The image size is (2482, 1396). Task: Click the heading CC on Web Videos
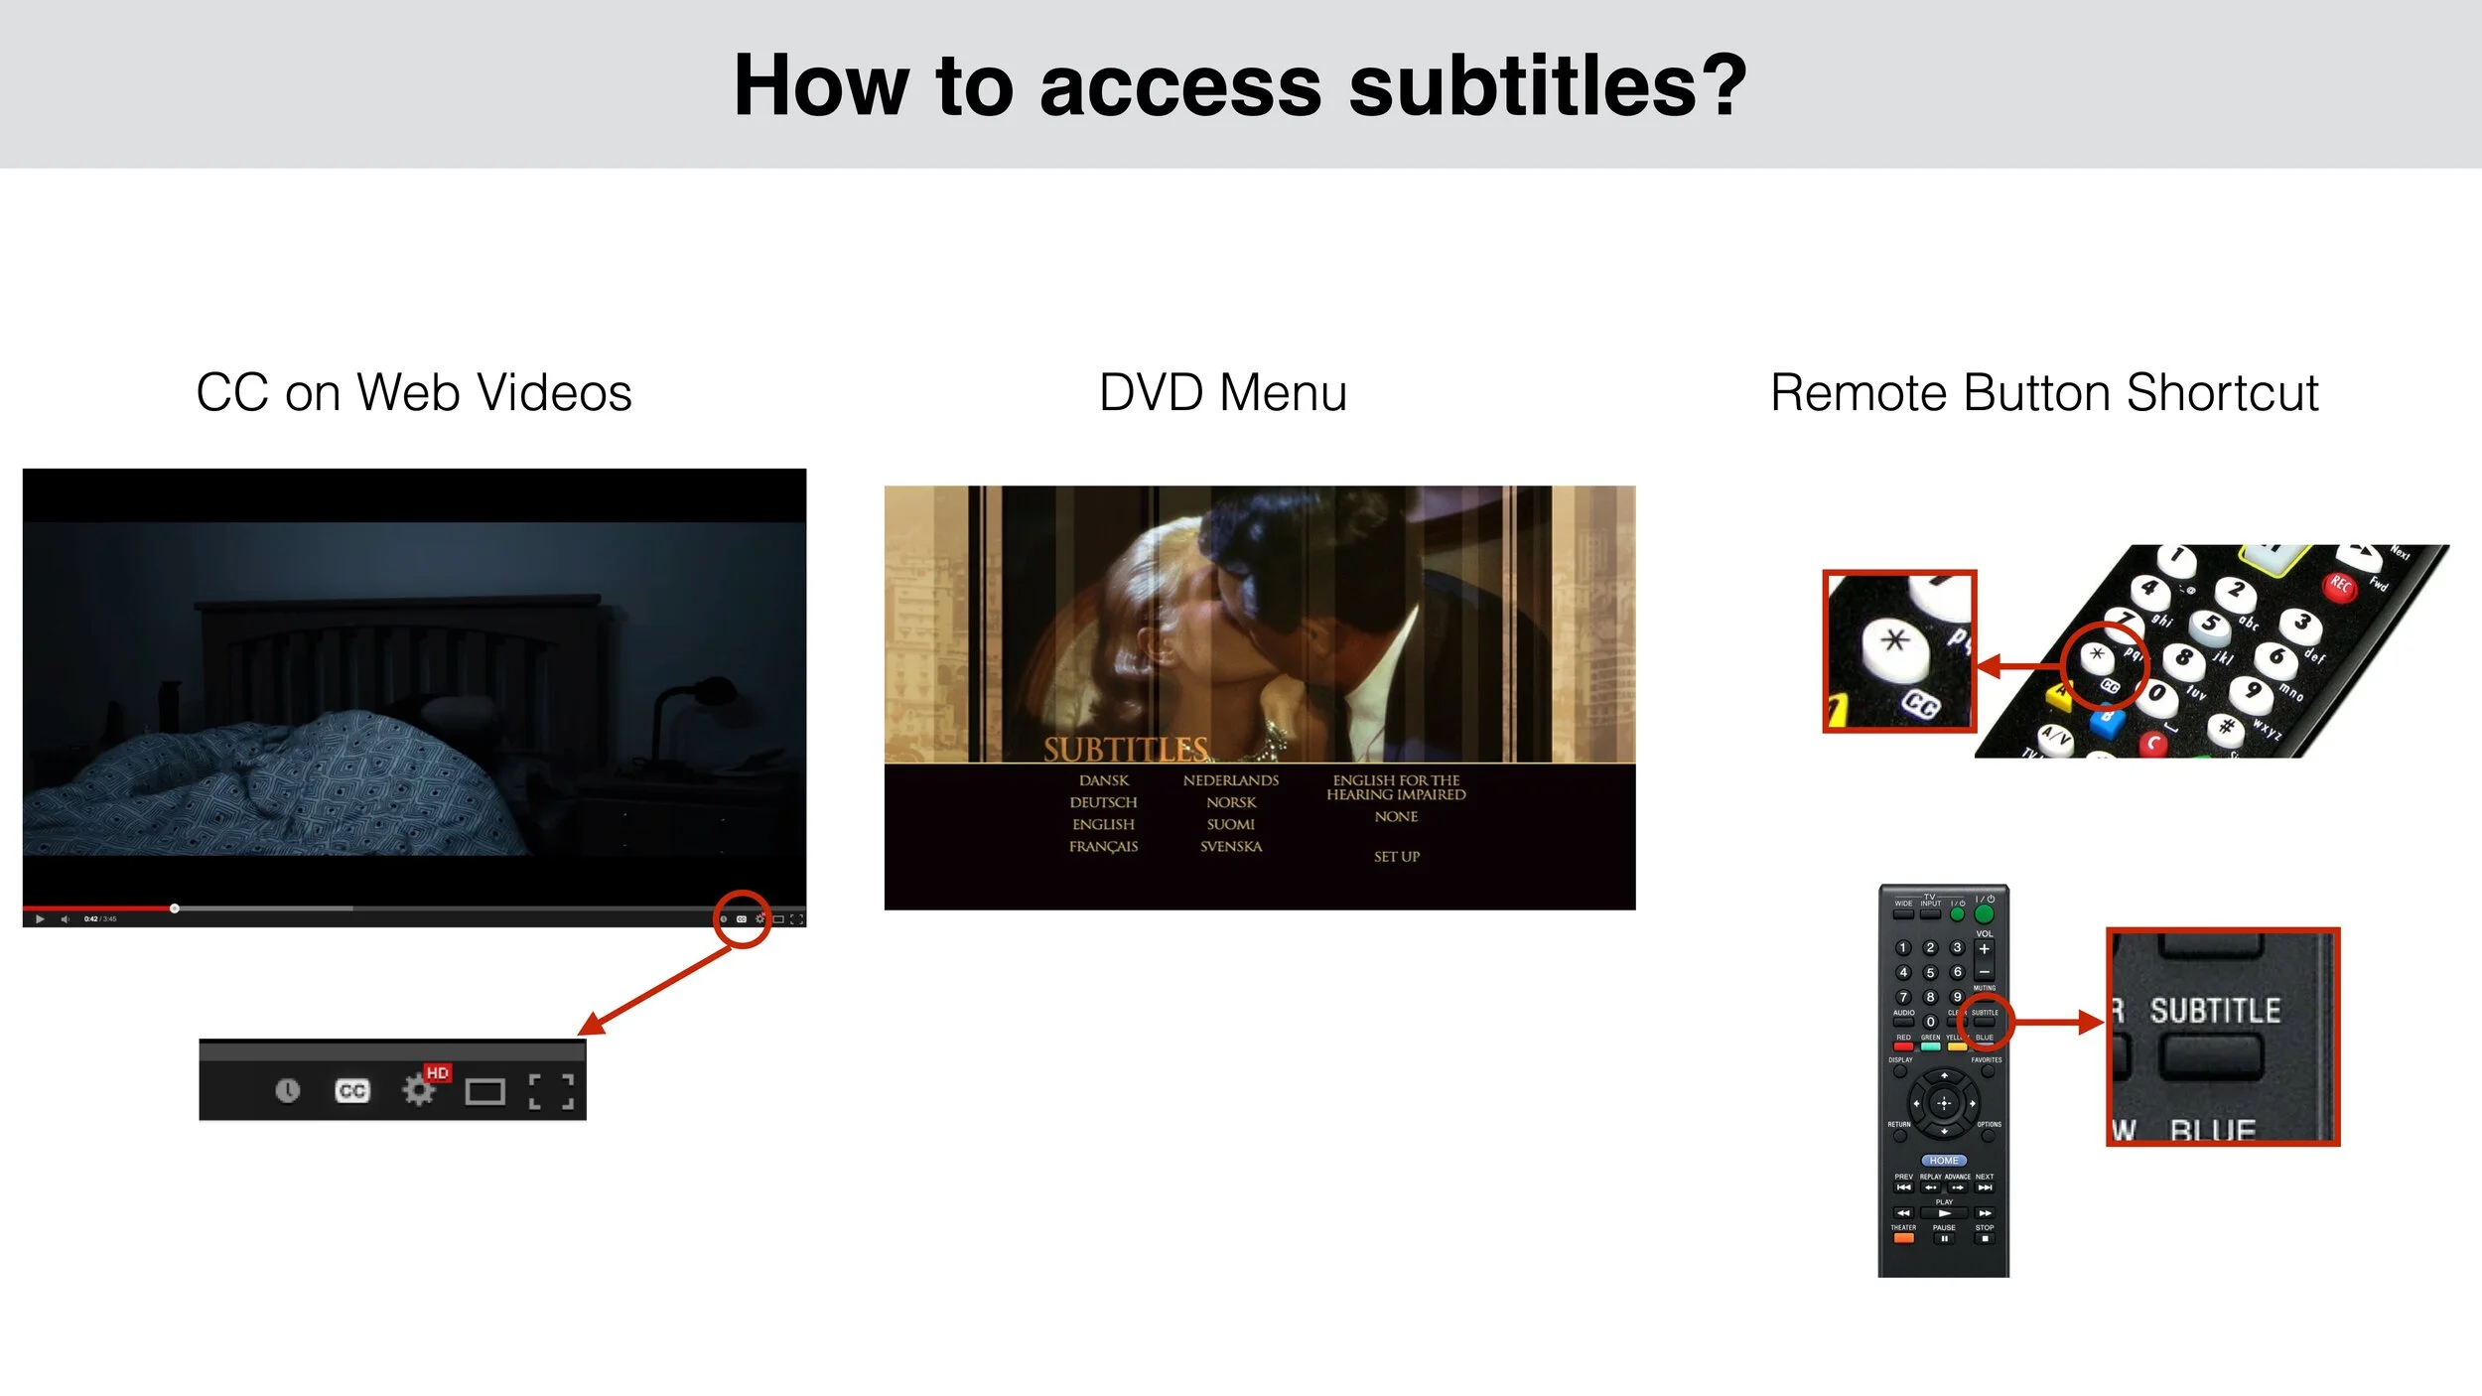point(413,392)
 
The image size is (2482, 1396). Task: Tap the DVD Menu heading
point(1222,392)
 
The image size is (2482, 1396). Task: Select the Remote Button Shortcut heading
point(2044,392)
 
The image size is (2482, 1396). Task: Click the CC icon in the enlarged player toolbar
point(352,1091)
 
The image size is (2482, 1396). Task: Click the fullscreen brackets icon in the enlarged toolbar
point(551,1091)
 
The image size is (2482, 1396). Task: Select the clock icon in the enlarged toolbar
point(287,1091)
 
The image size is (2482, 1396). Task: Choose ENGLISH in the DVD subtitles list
point(1103,825)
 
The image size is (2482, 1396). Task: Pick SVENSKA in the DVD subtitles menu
point(1230,847)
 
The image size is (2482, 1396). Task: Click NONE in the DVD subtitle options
point(1396,817)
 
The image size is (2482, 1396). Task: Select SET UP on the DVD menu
point(1396,857)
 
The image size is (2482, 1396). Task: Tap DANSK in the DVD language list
point(1104,781)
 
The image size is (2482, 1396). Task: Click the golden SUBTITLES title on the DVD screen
point(1125,749)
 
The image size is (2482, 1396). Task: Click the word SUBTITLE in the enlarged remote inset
point(2215,1011)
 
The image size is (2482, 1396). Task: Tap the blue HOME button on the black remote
point(1943,1160)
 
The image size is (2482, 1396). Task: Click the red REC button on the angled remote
point(2339,586)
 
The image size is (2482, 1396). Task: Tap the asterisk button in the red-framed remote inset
point(1894,640)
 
